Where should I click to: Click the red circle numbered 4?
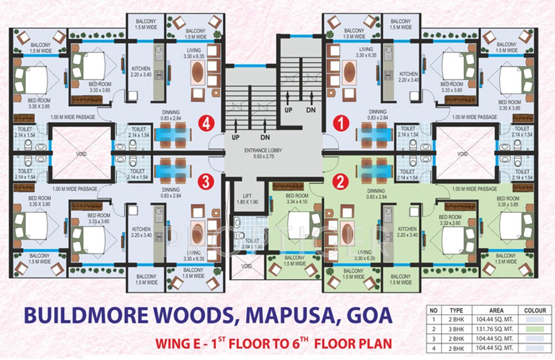(206, 124)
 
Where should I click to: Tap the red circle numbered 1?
(341, 124)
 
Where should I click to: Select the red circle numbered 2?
(340, 182)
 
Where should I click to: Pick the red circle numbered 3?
(206, 182)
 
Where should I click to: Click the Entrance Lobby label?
(263, 153)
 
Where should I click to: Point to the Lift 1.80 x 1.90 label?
(247, 199)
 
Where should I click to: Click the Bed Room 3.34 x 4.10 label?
(297, 199)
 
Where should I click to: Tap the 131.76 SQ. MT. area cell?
(496, 329)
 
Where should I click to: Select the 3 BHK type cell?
(457, 329)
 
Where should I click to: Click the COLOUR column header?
(535, 310)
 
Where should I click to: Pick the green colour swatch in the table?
(535, 329)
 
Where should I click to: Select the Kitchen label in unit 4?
(141, 69)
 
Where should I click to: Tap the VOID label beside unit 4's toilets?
(81, 154)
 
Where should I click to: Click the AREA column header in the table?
(496, 310)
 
